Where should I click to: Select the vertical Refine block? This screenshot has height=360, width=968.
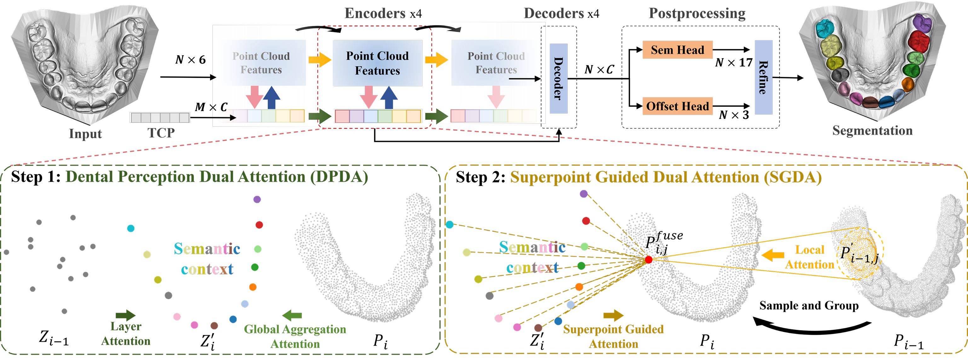coord(763,77)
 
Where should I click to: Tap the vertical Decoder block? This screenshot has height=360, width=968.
coord(558,78)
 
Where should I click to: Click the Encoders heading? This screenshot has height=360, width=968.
coord(375,13)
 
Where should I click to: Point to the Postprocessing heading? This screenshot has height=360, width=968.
coord(697,13)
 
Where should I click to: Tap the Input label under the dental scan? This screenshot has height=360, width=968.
coord(85,134)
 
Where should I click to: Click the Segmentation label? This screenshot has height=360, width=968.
coord(872,130)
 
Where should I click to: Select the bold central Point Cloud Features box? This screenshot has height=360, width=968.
coord(377,63)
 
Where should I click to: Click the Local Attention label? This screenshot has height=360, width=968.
coord(810,257)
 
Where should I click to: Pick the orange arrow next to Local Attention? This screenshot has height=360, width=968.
coord(773,255)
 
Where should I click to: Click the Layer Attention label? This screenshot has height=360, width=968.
coord(126,333)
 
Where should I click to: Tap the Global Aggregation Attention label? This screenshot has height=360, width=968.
coord(295,336)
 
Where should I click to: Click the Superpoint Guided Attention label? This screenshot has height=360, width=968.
coord(613,336)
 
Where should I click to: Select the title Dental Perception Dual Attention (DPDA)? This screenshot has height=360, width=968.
coord(217,177)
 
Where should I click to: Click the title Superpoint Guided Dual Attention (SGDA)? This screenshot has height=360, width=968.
coord(666,177)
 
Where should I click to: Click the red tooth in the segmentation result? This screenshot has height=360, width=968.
coord(919,40)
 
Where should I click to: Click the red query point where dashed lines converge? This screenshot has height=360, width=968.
coord(648,260)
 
